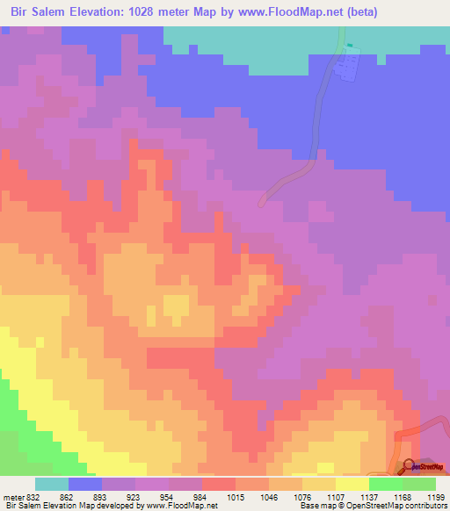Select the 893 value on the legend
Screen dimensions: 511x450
[119, 497]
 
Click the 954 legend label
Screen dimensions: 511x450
[185, 497]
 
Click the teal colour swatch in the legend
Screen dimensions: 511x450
[52, 484]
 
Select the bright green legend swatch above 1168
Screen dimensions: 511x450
[386, 484]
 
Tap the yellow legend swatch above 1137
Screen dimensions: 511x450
[352, 484]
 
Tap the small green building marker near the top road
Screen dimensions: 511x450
[349, 46]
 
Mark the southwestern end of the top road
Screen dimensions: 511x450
[262, 201]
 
